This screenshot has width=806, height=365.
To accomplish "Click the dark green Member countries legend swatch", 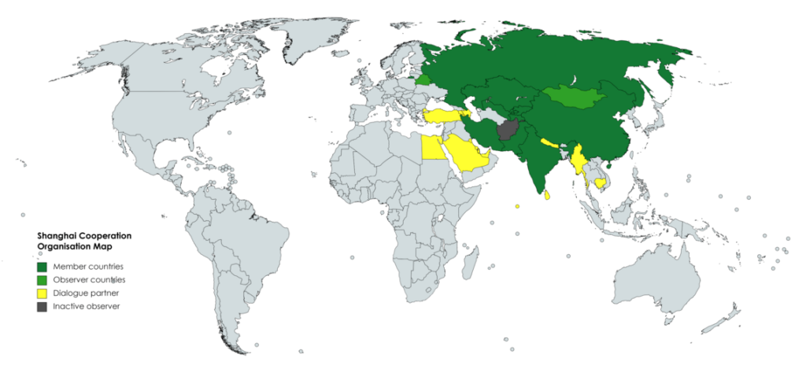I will (x=43, y=267).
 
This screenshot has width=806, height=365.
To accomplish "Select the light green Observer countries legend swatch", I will (x=43, y=280).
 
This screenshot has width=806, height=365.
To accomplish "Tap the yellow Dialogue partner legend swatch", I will (x=43, y=293).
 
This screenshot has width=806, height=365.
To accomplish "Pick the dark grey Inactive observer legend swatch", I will (x=43, y=307).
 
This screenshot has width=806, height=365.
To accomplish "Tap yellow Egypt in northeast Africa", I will (x=432, y=147).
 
